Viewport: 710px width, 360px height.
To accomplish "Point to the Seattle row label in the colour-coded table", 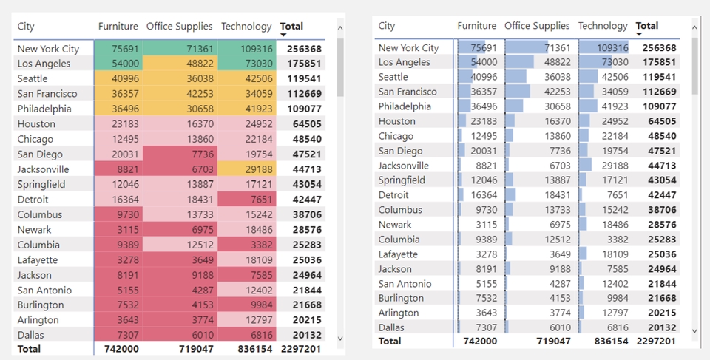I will pos(33,78).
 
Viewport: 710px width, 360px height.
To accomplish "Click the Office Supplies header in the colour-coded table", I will pos(179,27).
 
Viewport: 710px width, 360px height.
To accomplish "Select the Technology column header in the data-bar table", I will pos(603,26).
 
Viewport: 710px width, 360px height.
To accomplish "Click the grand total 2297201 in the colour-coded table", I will pos(302,348).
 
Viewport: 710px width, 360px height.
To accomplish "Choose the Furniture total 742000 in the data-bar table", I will pos(480,341).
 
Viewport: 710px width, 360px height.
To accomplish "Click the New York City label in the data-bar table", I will pos(408,48).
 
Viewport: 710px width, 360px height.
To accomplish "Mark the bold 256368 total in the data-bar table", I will pos(660,48).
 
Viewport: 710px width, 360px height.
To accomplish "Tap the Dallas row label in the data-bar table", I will pos(391,327).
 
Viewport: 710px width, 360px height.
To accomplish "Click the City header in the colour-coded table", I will pos(26,27).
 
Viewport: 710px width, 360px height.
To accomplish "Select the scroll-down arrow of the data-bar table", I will pos(694,330).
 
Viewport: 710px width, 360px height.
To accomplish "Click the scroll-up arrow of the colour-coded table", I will pos(340,28).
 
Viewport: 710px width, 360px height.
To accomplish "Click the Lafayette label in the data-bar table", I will pos(398,254).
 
